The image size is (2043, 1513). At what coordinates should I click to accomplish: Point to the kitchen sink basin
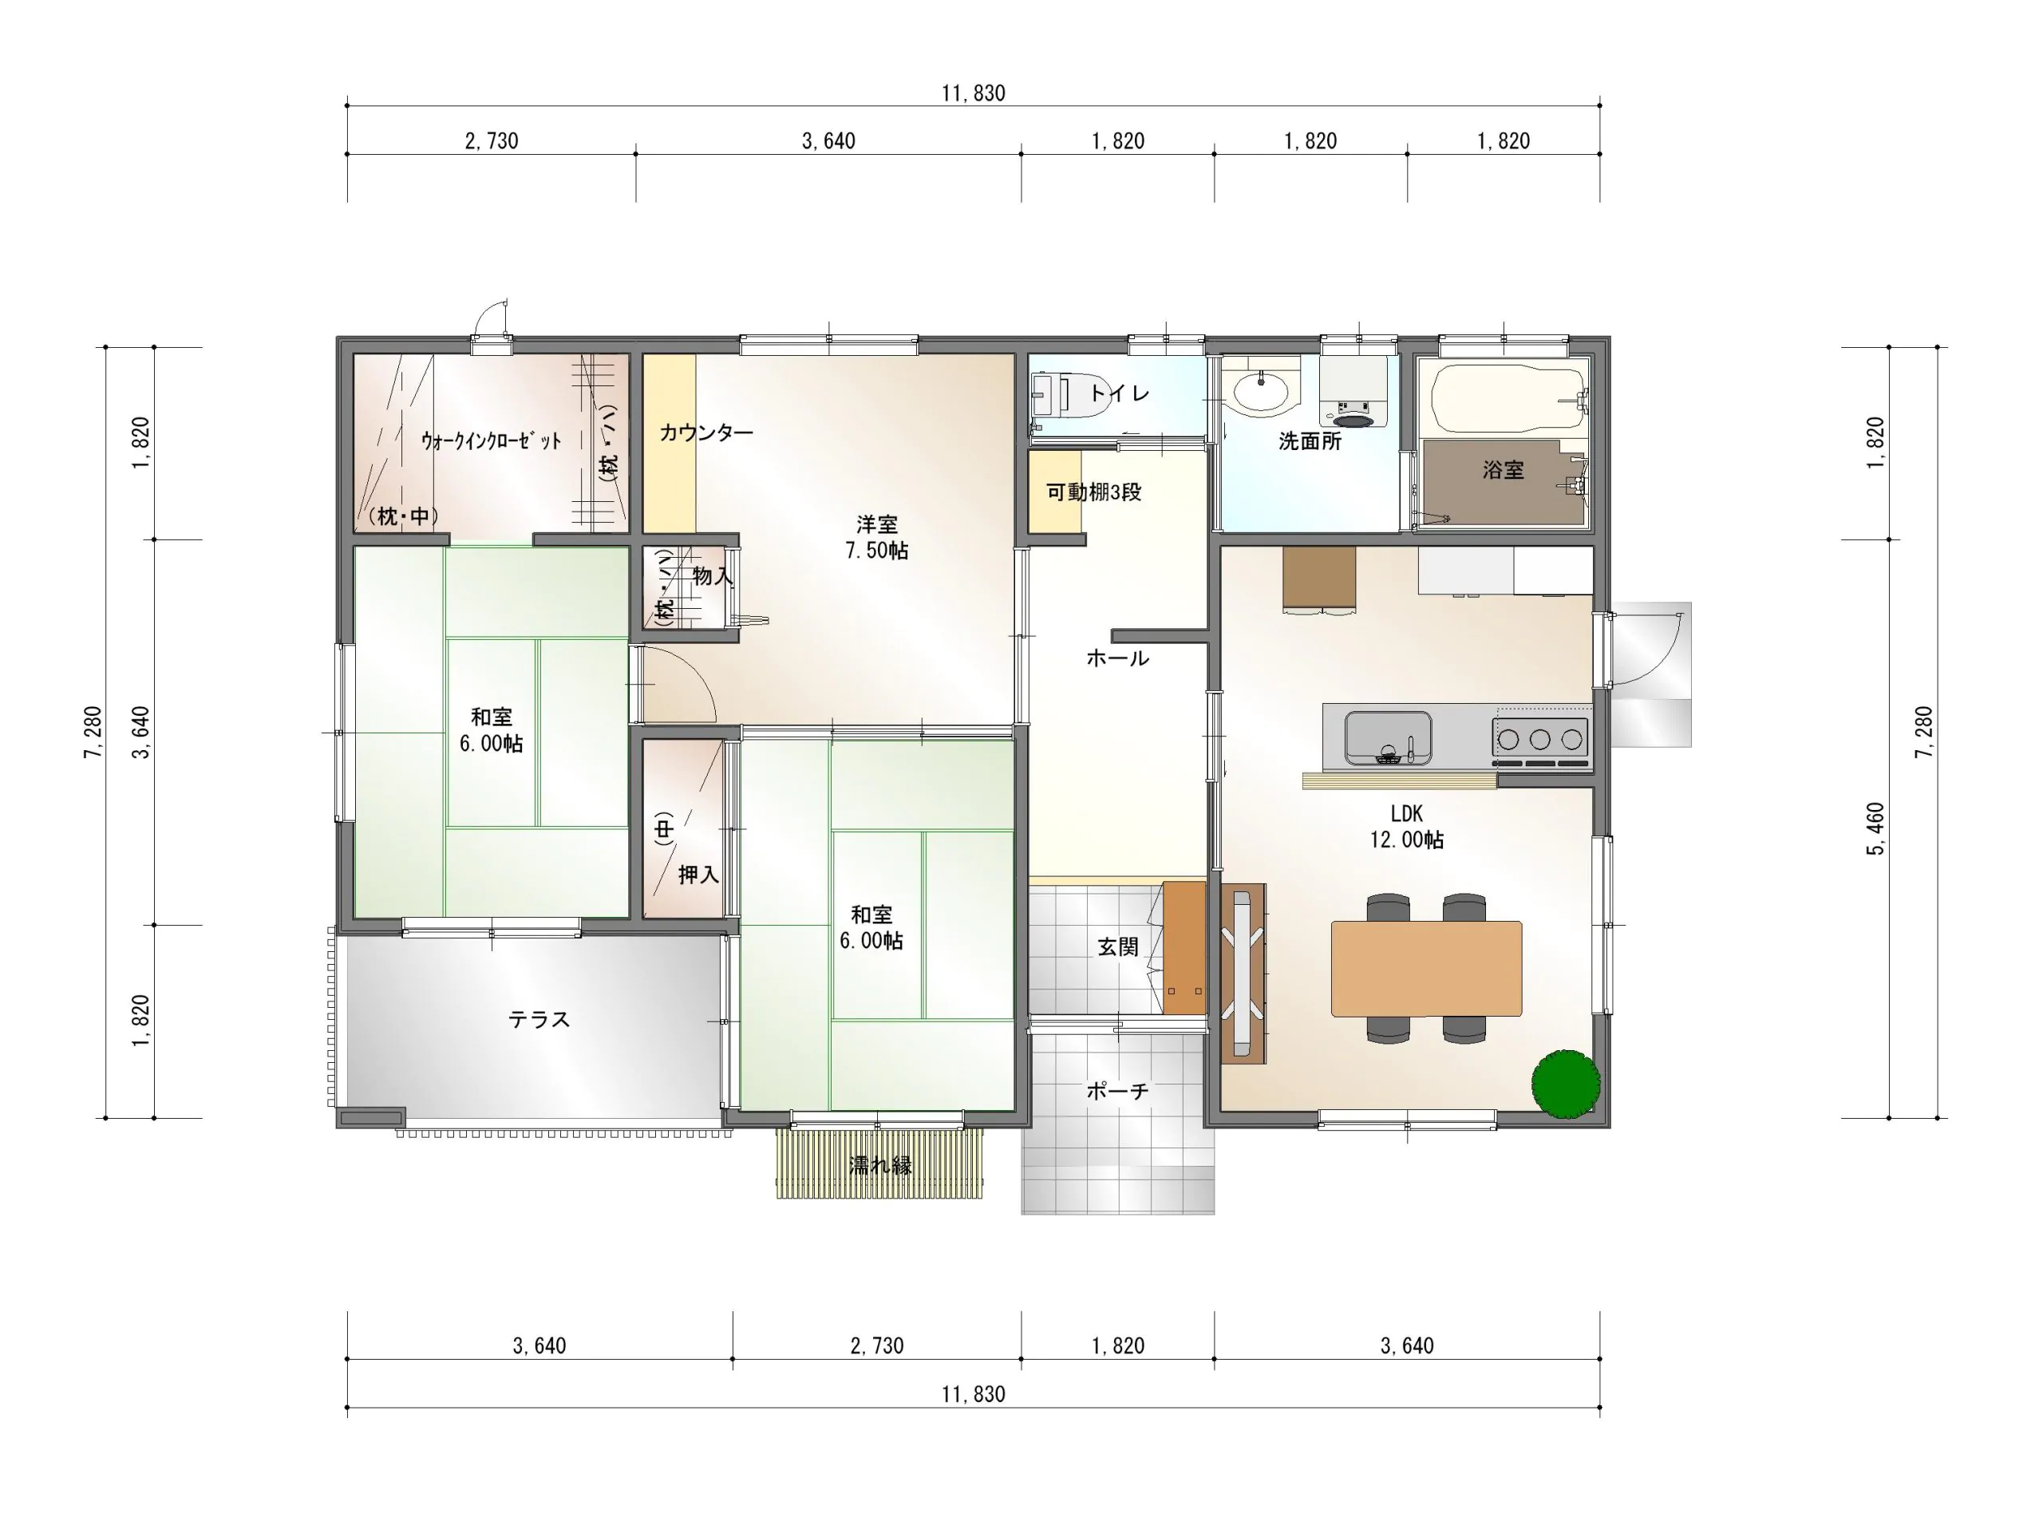pyautogui.click(x=1387, y=738)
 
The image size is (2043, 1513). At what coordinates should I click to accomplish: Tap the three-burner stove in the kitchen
pyautogui.click(x=1540, y=739)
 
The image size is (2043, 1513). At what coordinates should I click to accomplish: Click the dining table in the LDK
pyautogui.click(x=1426, y=968)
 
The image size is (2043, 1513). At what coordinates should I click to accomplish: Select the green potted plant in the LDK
pyautogui.click(x=1566, y=1084)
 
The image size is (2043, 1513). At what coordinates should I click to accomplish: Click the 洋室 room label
pyautogui.click(x=876, y=525)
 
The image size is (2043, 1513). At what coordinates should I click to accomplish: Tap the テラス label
pyautogui.click(x=539, y=1019)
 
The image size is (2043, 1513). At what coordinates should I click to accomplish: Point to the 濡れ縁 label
pyautogui.click(x=880, y=1166)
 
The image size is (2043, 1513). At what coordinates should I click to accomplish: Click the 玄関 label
pyautogui.click(x=1118, y=947)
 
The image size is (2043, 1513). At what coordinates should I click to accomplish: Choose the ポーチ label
pyautogui.click(x=1117, y=1091)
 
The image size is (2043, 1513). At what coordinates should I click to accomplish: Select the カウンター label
pyautogui.click(x=706, y=433)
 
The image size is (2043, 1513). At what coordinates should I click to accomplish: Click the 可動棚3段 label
pyautogui.click(x=1094, y=492)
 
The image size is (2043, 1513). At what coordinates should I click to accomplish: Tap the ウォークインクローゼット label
pyautogui.click(x=491, y=440)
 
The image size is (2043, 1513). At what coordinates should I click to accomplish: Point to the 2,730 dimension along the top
pyautogui.click(x=492, y=141)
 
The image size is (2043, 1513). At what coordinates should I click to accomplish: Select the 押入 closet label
pyautogui.click(x=699, y=875)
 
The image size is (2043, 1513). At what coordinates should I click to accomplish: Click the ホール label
pyautogui.click(x=1117, y=658)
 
